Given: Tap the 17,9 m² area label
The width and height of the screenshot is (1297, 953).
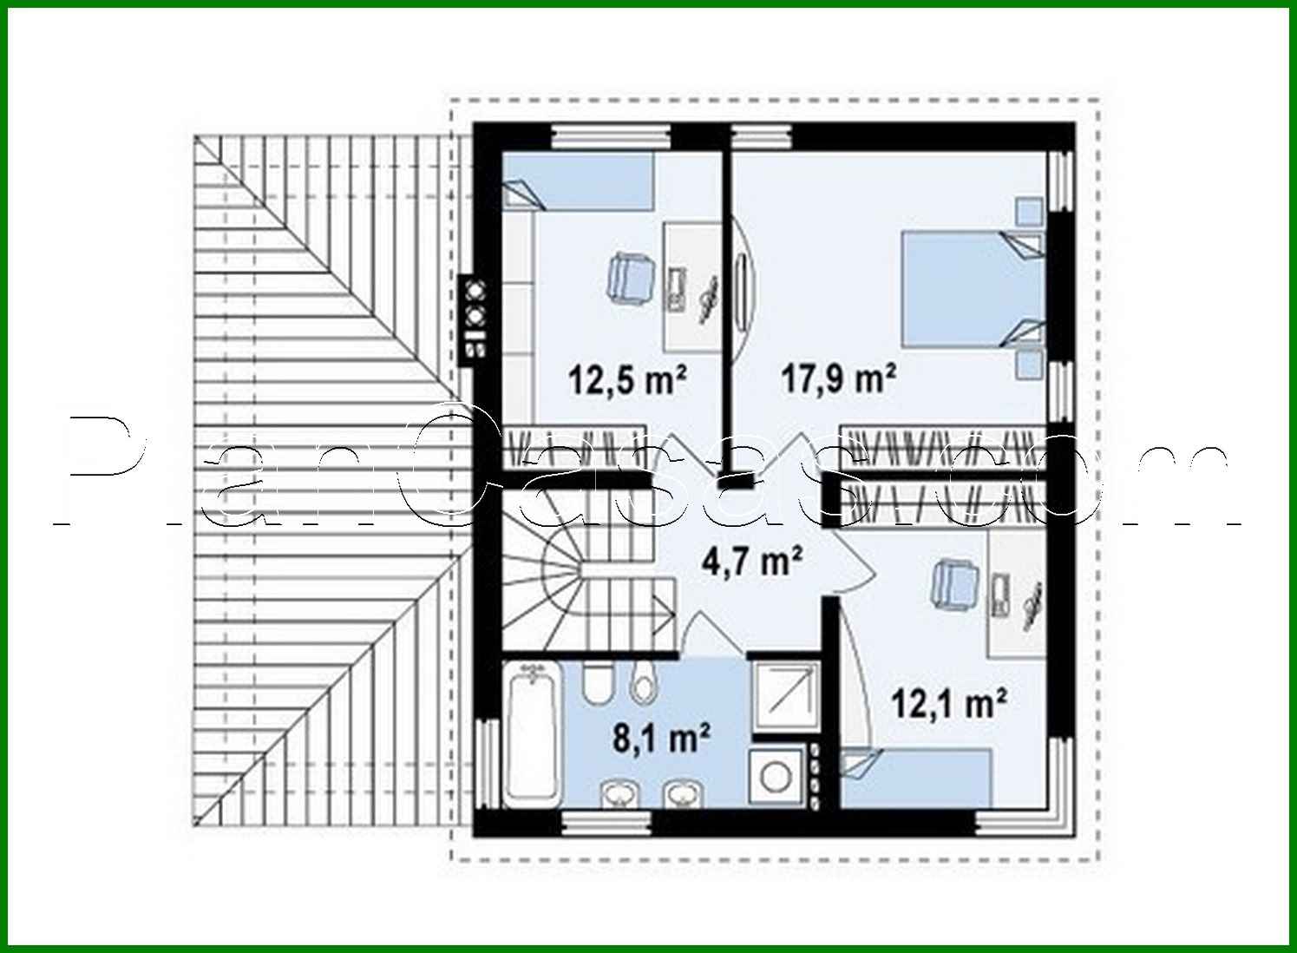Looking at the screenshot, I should (x=838, y=379).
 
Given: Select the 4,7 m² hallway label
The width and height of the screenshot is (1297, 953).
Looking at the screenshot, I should (x=750, y=562).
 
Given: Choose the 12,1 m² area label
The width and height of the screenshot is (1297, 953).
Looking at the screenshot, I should (x=949, y=703).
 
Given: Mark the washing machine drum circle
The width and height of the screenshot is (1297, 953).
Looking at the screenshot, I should (x=776, y=778).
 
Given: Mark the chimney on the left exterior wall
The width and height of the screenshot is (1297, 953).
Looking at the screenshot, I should (x=475, y=318).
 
